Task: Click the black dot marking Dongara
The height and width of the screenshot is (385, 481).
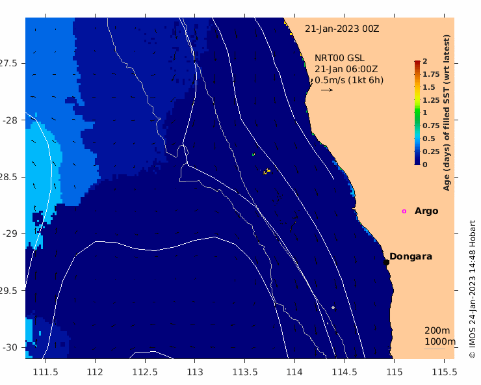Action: [x=386, y=262]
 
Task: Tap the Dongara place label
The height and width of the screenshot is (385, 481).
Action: [x=411, y=256]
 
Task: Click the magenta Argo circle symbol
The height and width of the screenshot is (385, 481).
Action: [x=404, y=211]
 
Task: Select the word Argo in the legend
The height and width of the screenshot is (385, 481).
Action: [x=426, y=211]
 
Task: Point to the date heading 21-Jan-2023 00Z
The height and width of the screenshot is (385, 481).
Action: [x=342, y=29]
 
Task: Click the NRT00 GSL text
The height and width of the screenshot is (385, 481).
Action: [x=339, y=58]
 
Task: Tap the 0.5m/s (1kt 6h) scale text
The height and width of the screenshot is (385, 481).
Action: [x=349, y=80]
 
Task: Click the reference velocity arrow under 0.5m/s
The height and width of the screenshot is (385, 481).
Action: [x=327, y=90]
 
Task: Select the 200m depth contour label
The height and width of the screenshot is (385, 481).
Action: [x=437, y=330]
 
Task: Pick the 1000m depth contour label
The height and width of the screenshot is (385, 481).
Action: [x=440, y=341]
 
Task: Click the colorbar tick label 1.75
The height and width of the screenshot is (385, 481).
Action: [x=431, y=74]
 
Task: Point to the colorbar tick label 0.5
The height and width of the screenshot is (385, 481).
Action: [x=429, y=139]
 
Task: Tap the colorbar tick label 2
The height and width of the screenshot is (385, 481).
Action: [x=425, y=61]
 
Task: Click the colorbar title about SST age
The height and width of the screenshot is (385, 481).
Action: [x=447, y=113]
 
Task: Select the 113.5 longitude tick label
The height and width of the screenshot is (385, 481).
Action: [x=245, y=372]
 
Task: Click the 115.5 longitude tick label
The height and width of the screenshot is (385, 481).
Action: [x=444, y=372]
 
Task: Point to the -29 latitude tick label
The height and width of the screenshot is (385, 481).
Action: [x=10, y=233]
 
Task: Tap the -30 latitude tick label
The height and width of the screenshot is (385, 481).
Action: [x=10, y=347]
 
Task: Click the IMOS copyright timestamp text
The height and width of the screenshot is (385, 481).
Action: [x=472, y=289]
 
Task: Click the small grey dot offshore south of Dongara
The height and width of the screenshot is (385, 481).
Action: [x=333, y=308]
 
